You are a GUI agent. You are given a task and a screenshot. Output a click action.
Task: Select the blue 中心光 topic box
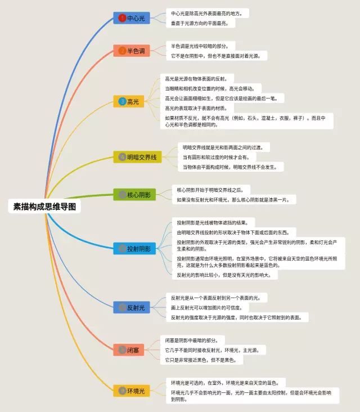(132, 18)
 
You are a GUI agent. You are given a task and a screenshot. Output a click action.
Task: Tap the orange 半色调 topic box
(132, 51)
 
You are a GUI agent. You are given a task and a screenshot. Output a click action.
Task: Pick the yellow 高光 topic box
(132, 102)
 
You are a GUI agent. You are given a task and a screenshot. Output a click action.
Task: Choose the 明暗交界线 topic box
(137, 156)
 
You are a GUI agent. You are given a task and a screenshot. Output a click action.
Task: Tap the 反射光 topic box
(132, 307)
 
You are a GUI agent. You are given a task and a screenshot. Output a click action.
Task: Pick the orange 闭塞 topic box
(132, 350)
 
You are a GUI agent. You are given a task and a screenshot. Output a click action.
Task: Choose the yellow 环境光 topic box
(132, 391)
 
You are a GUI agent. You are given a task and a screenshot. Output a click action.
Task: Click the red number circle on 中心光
(122, 18)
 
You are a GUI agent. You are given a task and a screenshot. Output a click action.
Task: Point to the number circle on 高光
(122, 102)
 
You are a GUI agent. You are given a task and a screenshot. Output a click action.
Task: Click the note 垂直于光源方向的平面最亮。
(203, 23)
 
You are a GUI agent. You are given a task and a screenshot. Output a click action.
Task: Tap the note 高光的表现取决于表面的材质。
(196, 108)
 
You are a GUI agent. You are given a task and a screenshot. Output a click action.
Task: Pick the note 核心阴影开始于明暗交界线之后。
(214, 190)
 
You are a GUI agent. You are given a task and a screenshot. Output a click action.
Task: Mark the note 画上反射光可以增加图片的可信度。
(206, 307)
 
